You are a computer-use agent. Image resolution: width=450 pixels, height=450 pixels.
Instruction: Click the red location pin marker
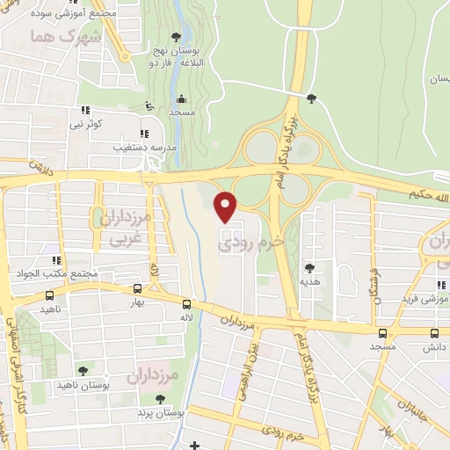(x=227, y=205)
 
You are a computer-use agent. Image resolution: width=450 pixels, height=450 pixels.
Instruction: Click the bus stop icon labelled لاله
(x=186, y=301)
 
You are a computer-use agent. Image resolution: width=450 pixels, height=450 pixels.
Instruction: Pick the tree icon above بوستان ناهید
(x=82, y=371)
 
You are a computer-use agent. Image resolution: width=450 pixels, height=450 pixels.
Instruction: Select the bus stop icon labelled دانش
(x=434, y=334)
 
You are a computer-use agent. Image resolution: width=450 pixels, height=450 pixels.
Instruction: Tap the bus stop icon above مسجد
(x=381, y=333)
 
